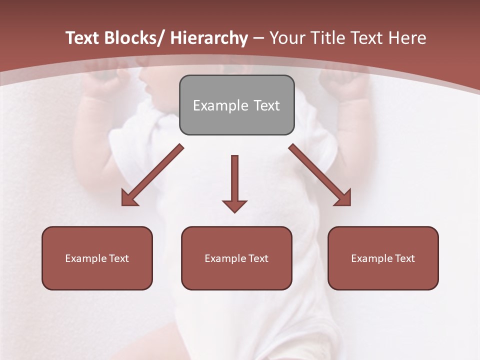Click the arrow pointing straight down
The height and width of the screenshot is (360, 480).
tap(234, 182)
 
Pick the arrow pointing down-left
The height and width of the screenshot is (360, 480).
tap(152, 175)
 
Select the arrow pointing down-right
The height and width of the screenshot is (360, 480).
tap(320, 175)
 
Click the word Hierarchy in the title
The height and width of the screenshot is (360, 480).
tap(209, 38)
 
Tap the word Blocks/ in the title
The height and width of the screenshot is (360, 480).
tap(135, 38)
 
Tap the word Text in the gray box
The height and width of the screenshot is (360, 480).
tap(266, 105)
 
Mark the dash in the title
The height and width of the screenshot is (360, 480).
tap(258, 38)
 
